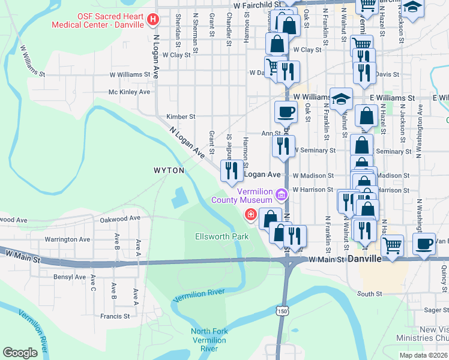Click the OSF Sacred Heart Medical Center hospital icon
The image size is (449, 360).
click(x=152, y=20)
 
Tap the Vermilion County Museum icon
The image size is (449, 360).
click(x=280, y=194)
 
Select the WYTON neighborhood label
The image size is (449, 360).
click(x=169, y=170)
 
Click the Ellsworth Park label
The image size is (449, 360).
click(x=222, y=236)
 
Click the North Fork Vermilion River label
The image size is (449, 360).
click(x=208, y=340)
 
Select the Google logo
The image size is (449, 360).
click(x=20, y=352)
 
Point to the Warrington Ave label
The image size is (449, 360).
click(x=67, y=239)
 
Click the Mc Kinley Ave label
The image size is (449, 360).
click(x=129, y=92)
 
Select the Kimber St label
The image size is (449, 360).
click(x=181, y=116)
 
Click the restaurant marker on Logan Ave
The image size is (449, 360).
click(x=232, y=171)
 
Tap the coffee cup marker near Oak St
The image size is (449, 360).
click(x=286, y=112)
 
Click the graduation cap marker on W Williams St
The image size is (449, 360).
click(x=341, y=98)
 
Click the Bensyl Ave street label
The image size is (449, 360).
click(x=70, y=277)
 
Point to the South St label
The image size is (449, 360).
click(x=370, y=294)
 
